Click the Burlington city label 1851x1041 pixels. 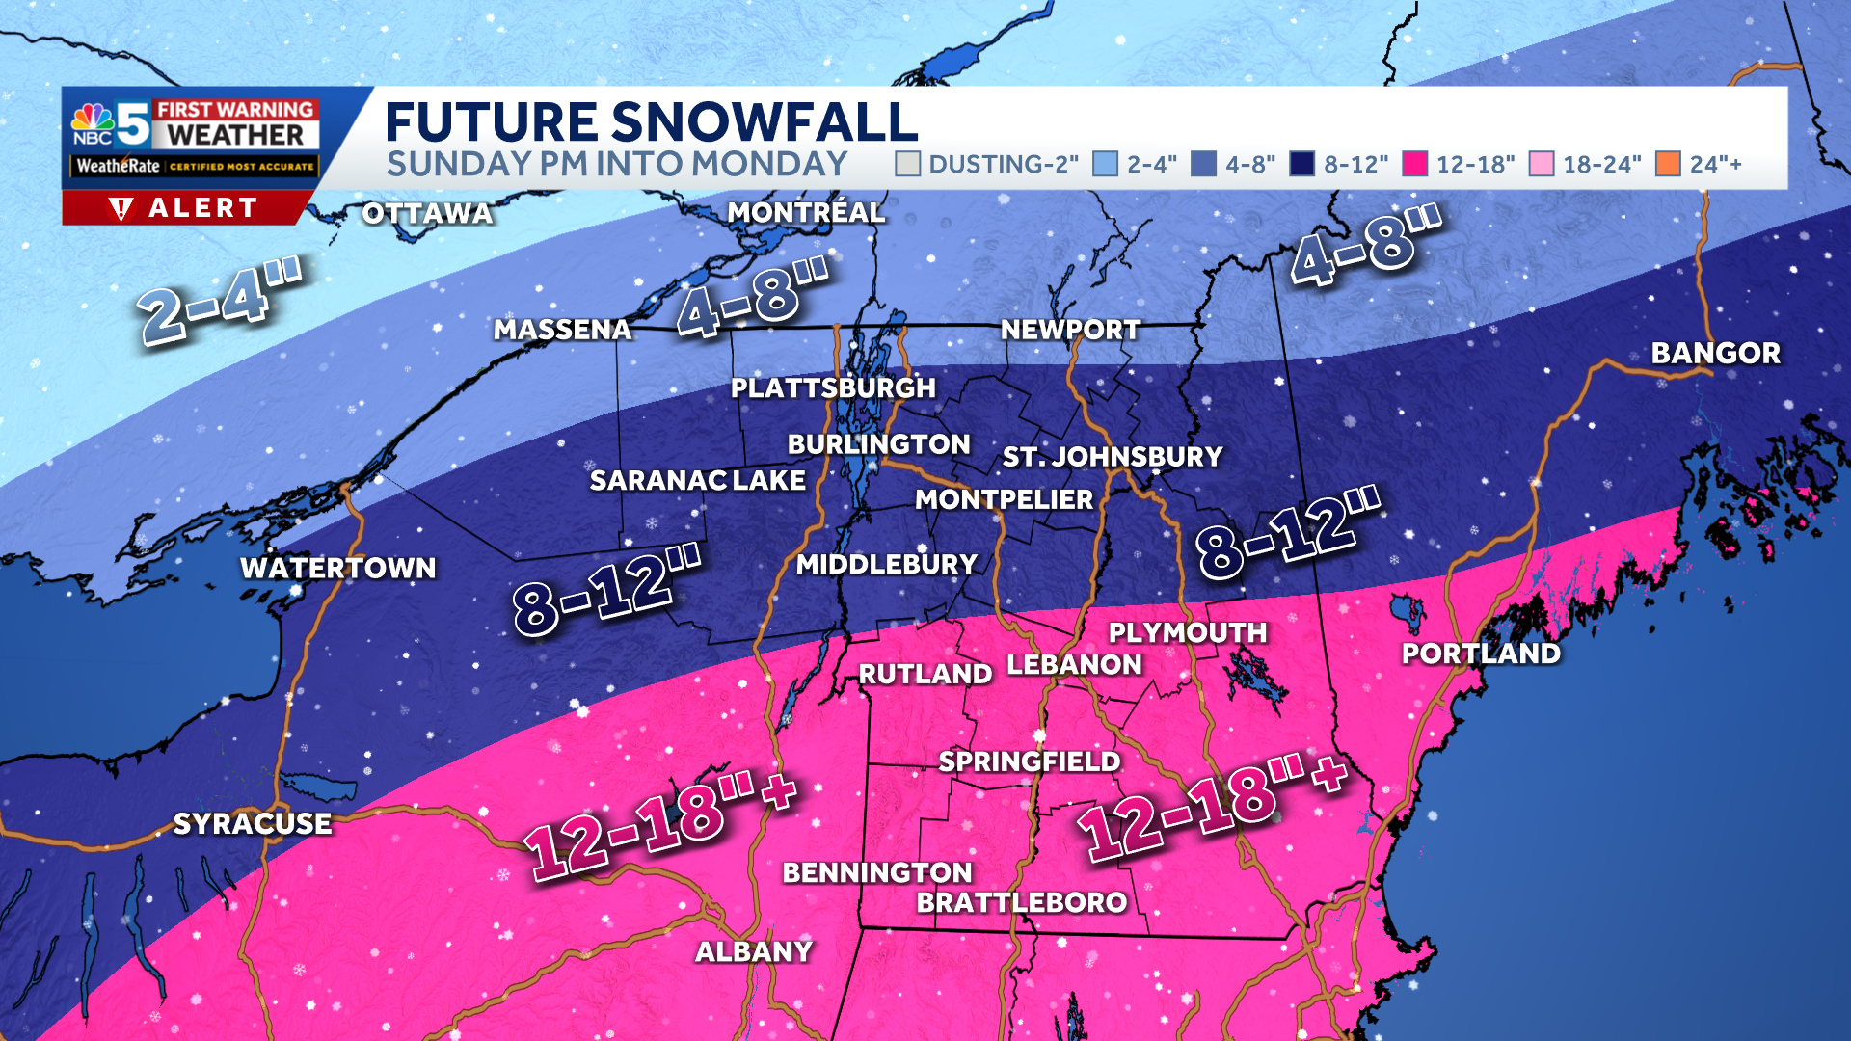878,444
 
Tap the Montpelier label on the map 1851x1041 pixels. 1004,499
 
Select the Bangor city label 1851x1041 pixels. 1715,353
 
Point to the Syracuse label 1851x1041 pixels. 253,823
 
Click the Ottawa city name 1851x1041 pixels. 427,213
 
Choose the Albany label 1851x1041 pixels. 754,951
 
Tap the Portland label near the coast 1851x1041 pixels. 1481,654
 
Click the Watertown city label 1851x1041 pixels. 337,568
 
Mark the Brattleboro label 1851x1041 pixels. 1021,902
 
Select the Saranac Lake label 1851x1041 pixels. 697,480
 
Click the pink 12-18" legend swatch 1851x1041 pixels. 1414,164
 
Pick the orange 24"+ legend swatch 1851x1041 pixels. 1668,164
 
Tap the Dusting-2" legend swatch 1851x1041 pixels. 907,164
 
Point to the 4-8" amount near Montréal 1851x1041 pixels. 753,299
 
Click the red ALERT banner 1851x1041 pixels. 186,207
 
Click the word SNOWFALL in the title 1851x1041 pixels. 764,122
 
